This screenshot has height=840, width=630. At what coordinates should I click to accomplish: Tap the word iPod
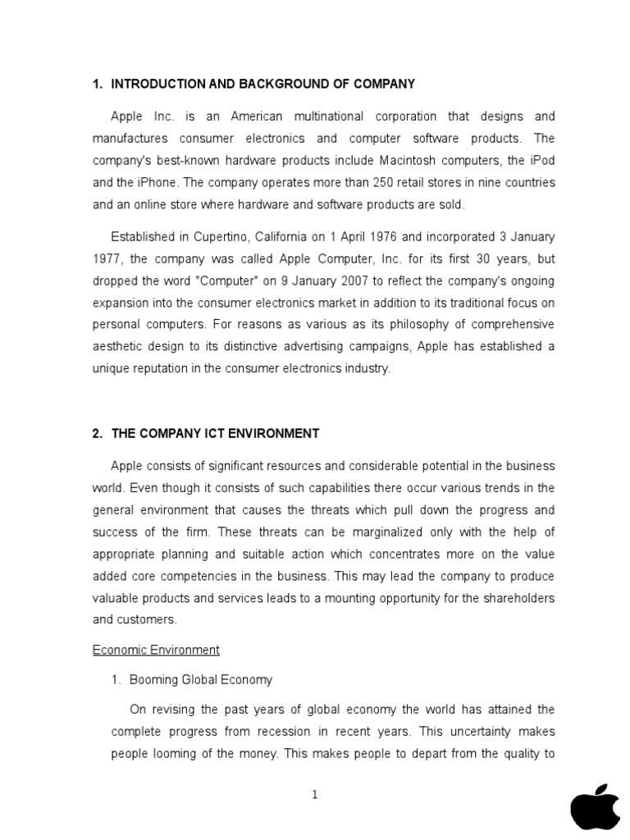(x=540, y=160)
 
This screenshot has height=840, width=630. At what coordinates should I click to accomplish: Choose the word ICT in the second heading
(x=226, y=433)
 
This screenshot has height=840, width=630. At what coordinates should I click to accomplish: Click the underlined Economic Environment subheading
(x=156, y=650)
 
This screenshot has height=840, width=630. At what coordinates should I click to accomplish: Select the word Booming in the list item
(x=153, y=680)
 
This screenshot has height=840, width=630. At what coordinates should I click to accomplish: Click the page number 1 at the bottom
(x=314, y=795)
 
